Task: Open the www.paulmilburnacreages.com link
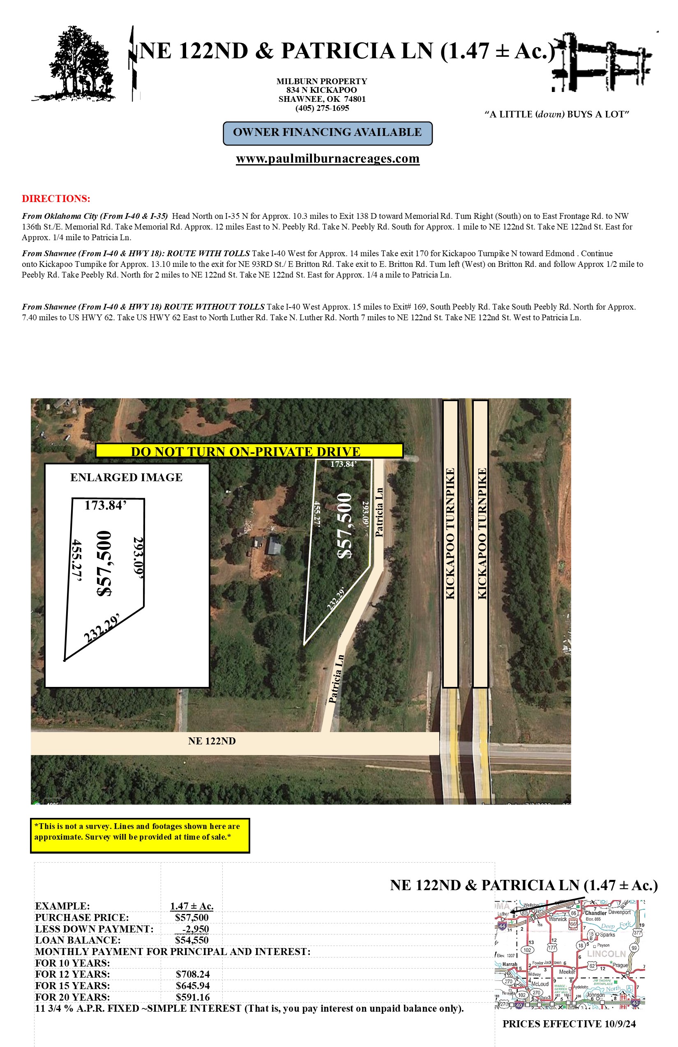[327, 159]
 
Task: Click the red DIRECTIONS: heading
[56, 198]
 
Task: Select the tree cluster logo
[75, 64]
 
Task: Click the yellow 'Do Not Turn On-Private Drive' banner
[249, 451]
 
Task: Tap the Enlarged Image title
[127, 477]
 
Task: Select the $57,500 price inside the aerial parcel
[345, 526]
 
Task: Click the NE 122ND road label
[212, 741]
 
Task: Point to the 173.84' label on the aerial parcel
[344, 464]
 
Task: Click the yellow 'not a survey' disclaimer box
[140, 835]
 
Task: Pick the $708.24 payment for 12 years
[192, 974]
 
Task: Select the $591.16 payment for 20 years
[192, 997]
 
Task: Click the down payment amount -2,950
[196, 929]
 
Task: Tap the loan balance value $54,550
[192, 940]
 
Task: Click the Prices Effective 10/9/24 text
[569, 1024]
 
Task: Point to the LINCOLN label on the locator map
[606, 954]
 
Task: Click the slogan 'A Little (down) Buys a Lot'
[556, 115]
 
